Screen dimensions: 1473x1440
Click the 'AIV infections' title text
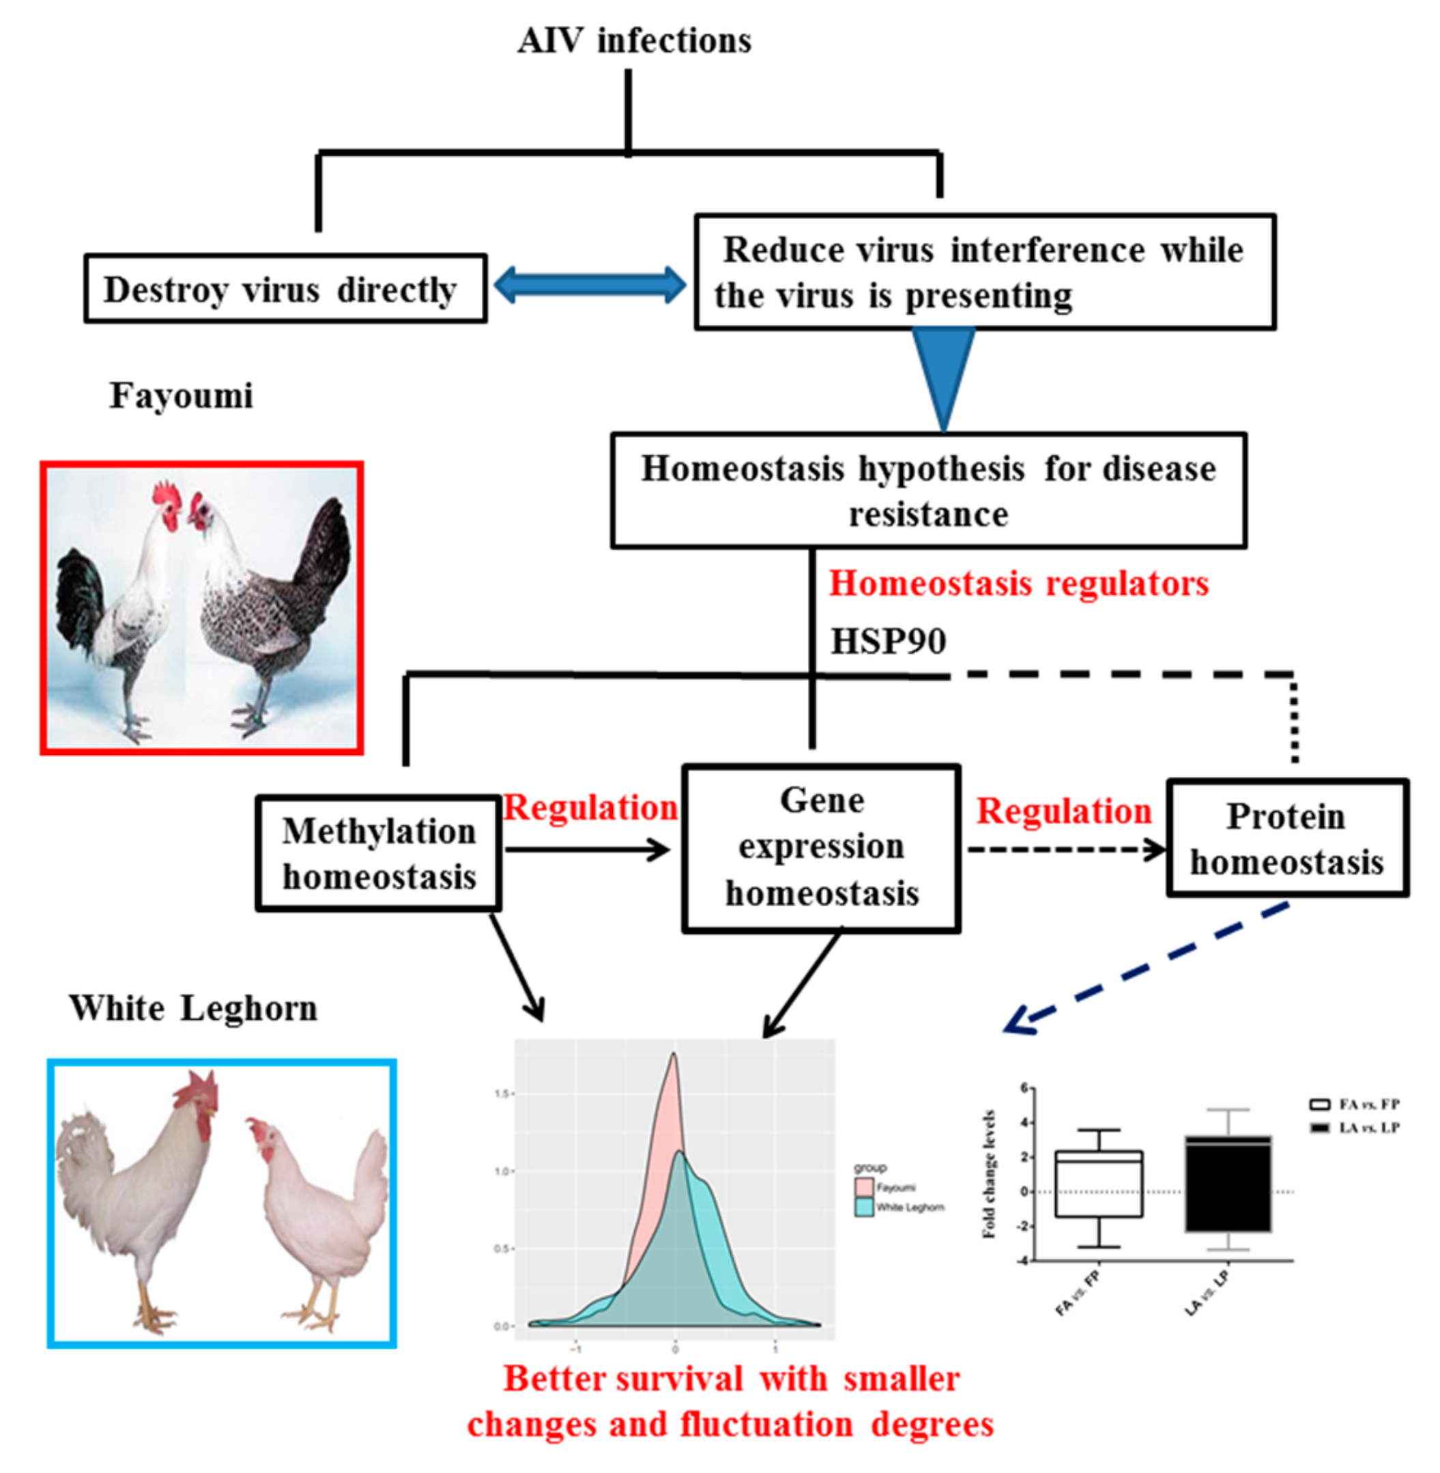point(634,41)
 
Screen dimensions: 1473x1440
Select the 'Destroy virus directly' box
point(285,289)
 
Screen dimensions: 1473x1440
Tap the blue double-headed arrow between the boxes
point(590,285)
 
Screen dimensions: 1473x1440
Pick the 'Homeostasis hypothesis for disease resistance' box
point(928,490)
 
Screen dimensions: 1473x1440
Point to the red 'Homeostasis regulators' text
point(1018,584)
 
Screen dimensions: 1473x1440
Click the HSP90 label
point(888,642)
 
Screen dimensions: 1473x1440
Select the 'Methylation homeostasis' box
point(378,853)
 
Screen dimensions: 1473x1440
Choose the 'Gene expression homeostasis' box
point(821,847)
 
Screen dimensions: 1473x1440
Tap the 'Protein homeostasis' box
point(1286,838)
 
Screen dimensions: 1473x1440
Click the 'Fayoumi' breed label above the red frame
point(181,396)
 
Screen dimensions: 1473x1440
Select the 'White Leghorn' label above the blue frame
point(193,1008)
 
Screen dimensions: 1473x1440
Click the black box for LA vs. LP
point(1228,1184)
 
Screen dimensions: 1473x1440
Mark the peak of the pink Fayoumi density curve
point(673,1055)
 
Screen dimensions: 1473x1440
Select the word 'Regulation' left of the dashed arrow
point(1063,811)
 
